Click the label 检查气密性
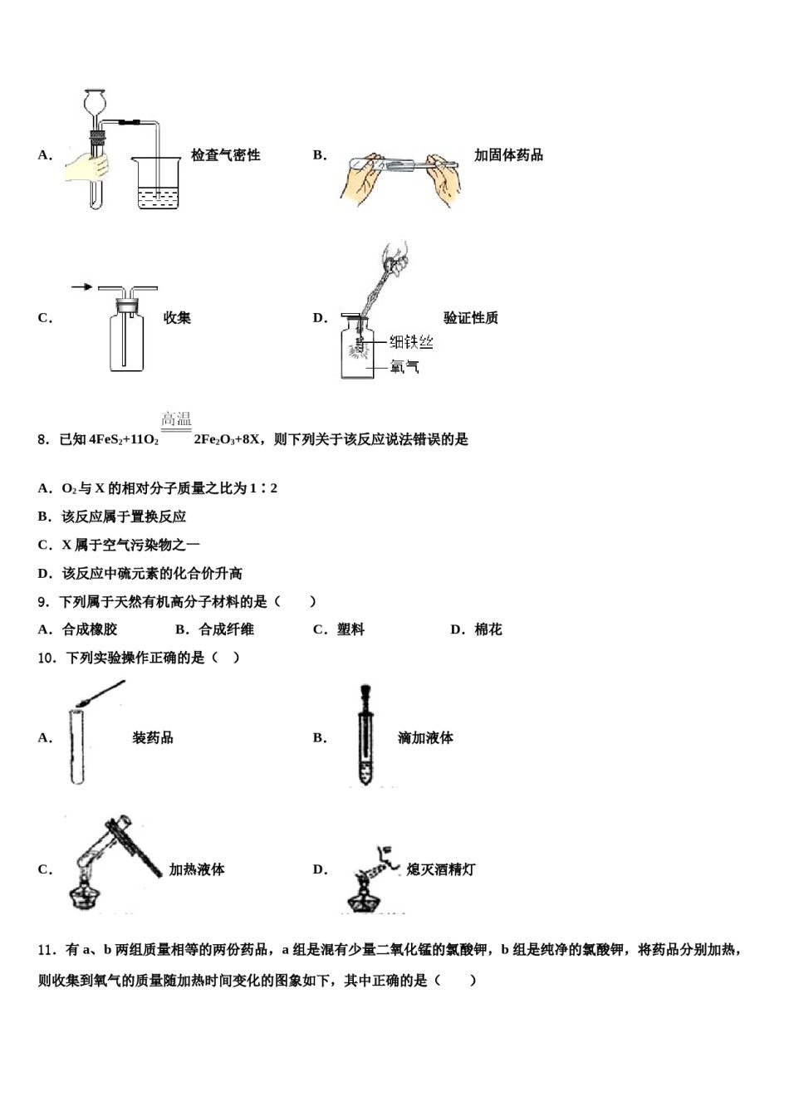[225, 155]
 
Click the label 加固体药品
[508, 155]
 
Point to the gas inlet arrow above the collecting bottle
[81, 287]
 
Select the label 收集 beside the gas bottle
[177, 318]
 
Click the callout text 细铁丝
[411, 342]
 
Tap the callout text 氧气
[404, 366]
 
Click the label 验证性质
[470, 318]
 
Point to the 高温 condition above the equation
[176, 419]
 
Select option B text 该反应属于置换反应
[124, 516]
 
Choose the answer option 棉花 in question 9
[488, 629]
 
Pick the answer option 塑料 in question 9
[350, 629]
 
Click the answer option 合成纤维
[226, 629]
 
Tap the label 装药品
[153, 737]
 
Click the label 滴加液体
[425, 737]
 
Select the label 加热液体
[197, 869]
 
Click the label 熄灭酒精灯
[441, 869]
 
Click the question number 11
[46, 950]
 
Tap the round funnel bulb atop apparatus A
[96, 105]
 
